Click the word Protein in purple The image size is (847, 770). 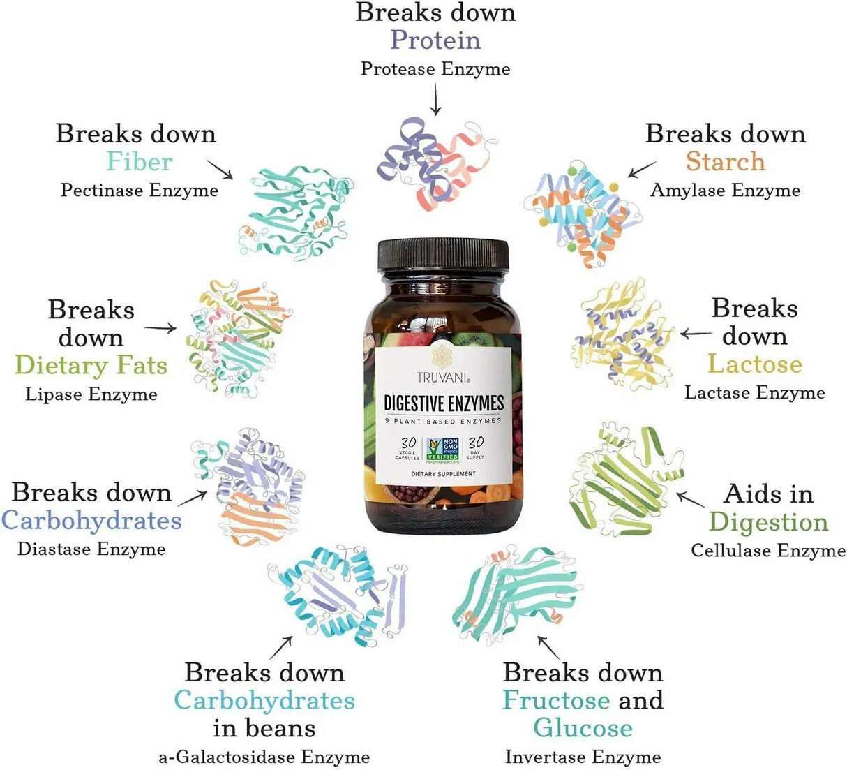click(x=435, y=40)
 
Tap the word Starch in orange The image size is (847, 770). click(x=725, y=162)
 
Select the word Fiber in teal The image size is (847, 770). click(x=139, y=162)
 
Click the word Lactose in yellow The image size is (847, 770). click(x=754, y=364)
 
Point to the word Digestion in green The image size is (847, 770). click(x=768, y=522)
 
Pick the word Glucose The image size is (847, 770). click(x=583, y=728)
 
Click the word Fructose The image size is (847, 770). click(x=556, y=700)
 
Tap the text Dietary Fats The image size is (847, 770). click(x=91, y=365)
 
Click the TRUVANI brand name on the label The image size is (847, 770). click(x=443, y=378)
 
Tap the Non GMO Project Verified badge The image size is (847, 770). click(x=442, y=450)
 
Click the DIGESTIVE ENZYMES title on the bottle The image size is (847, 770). click(x=444, y=403)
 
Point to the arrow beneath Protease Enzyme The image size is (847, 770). click(x=436, y=99)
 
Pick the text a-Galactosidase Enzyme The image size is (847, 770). click(x=264, y=757)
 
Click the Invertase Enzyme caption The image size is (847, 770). click(x=583, y=757)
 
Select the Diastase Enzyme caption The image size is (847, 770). click(x=91, y=549)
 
